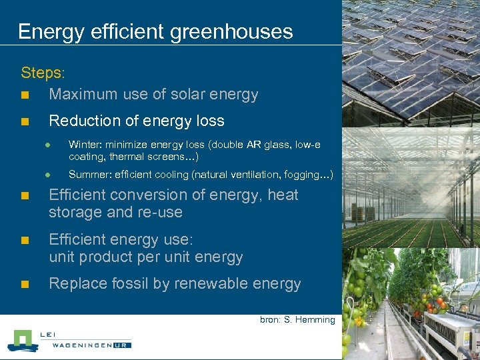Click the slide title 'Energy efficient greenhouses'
(155, 31)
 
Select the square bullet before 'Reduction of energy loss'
(25, 121)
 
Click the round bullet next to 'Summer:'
(48, 175)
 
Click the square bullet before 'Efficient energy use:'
(25, 239)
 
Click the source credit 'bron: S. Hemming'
(297, 320)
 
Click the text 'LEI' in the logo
(49, 335)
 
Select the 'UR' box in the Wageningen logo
(123, 345)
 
